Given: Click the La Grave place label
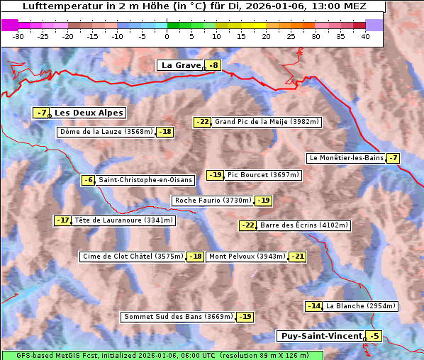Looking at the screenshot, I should click(x=180, y=65).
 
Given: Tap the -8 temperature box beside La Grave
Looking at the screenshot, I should click(x=213, y=65).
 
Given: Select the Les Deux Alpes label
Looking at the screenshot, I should click(x=89, y=113).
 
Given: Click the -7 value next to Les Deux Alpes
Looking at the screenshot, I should click(x=42, y=113).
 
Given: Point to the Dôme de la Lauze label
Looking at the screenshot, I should click(x=106, y=132).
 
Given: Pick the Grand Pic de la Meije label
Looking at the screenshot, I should click(x=267, y=122).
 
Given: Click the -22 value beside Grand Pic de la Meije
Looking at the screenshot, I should click(x=203, y=122).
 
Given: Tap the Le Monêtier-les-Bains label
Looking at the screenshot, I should click(x=345, y=158).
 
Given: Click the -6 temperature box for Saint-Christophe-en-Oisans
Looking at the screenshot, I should click(x=88, y=180).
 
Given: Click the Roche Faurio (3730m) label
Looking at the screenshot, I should click(x=213, y=201).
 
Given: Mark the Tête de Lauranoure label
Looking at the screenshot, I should click(x=123, y=220).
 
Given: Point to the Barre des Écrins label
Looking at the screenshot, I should click(x=304, y=225).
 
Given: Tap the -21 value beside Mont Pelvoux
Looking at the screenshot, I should click(x=297, y=257).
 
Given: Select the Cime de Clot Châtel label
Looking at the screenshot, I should click(x=133, y=257).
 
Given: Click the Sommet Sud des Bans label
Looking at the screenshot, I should click(x=178, y=317).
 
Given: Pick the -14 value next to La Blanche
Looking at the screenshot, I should click(x=313, y=306).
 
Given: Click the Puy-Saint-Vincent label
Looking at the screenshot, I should click(x=320, y=336).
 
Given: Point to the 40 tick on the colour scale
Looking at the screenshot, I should click(x=365, y=35).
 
